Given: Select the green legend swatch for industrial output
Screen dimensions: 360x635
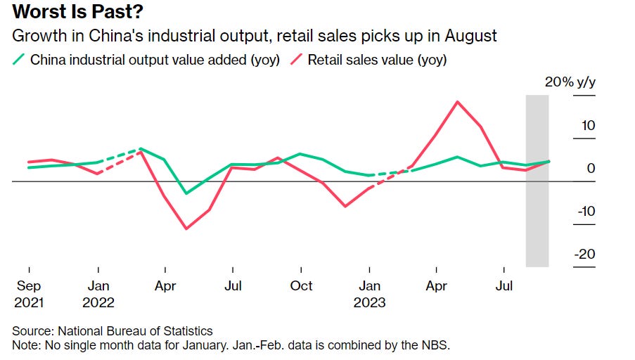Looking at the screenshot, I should coord(18,60).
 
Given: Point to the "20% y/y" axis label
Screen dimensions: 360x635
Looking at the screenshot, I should coord(570,82).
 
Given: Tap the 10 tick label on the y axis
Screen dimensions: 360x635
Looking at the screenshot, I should coord(587,126).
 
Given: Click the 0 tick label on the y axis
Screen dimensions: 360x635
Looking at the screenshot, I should coord(591,169).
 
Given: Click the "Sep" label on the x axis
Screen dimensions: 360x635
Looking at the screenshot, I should coord(29,286).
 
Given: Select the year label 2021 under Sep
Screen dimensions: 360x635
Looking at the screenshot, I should coord(29,303).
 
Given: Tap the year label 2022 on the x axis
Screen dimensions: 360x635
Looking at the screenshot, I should coord(98,303).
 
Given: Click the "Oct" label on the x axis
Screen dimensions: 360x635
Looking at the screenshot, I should coord(301,286).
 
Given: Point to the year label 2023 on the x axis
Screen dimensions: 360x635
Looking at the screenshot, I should coord(369,303).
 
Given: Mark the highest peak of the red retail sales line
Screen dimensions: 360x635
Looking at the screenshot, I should coord(458,101).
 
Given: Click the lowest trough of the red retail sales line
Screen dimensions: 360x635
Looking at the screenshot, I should coord(186,229).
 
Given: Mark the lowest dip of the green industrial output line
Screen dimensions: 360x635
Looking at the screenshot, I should coord(186,193).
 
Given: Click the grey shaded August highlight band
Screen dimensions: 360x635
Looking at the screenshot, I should coord(537,211).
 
